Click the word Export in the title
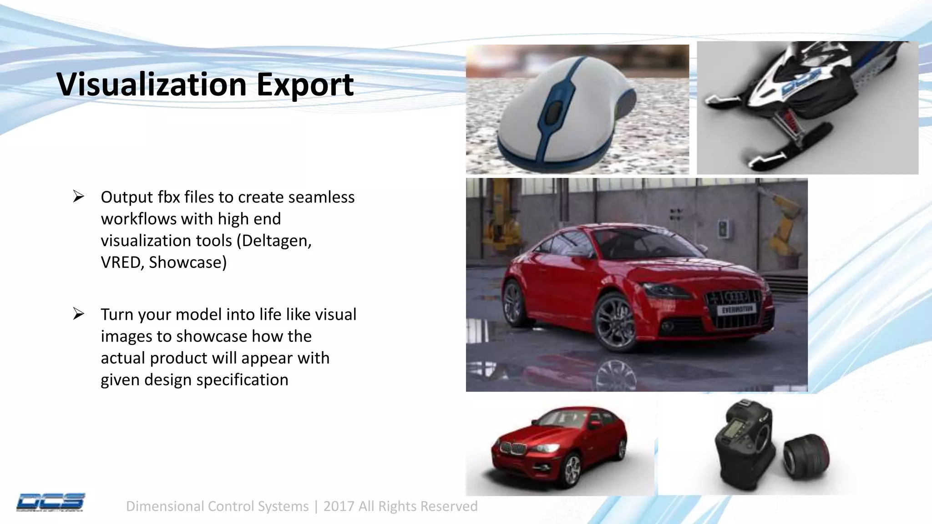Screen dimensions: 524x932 click(305, 85)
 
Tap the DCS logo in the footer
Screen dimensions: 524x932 click(51, 502)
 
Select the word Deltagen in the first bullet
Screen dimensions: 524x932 click(276, 240)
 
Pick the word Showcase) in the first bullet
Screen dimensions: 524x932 click(187, 262)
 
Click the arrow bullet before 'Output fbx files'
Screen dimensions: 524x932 click(79, 196)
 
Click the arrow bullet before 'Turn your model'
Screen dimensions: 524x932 click(79, 314)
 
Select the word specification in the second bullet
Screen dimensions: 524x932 click(242, 379)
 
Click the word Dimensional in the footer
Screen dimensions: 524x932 click(165, 506)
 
